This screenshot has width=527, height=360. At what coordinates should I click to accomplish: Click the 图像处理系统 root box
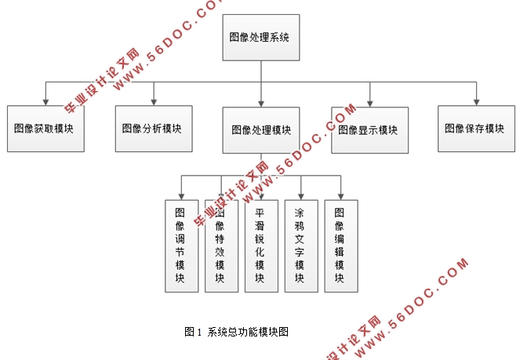pos(261,37)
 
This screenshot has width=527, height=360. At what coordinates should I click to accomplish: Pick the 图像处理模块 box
pos(261,129)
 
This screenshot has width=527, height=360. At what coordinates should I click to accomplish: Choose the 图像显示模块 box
pos(369,129)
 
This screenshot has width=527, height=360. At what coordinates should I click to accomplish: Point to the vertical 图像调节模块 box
pos(181,245)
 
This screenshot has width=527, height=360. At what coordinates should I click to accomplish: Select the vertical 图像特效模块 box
pos(221,245)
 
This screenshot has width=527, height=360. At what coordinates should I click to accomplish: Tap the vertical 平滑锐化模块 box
pos(261,245)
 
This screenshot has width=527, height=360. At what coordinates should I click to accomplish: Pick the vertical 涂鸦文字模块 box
pos(300,245)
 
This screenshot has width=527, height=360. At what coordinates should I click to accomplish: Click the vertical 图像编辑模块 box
pos(340,245)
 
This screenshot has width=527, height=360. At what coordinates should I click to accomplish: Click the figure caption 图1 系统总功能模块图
pos(237,332)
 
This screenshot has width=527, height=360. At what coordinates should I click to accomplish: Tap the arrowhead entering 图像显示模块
pos(369,102)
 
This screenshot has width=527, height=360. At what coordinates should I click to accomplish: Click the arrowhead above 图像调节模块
pos(181,195)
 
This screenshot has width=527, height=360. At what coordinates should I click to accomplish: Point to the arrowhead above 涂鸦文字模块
pos(300,195)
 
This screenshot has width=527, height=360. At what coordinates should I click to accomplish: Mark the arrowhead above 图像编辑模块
pos(340,195)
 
